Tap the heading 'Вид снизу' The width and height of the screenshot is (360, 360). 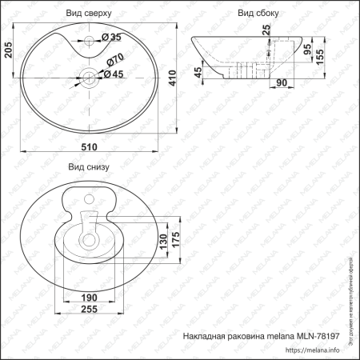tap(88, 167)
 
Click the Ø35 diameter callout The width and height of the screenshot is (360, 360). tap(113, 38)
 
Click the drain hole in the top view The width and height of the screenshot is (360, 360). tap(88, 78)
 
